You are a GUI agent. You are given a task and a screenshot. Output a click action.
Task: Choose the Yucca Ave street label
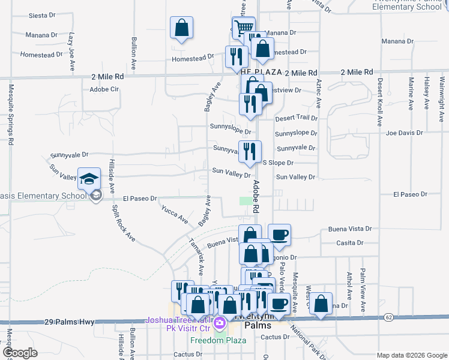point(174,214)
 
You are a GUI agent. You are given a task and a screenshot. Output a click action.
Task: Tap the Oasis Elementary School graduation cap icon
point(89,179)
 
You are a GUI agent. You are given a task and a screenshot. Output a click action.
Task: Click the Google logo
point(20,352)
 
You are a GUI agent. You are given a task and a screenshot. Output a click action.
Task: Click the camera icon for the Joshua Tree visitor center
point(220,324)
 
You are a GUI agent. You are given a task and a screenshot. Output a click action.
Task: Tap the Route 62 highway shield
point(389,317)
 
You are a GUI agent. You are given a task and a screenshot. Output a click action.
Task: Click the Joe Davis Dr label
point(405,133)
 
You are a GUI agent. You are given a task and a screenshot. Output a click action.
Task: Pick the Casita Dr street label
point(351,243)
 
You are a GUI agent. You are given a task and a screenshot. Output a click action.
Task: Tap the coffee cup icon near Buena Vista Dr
point(279,235)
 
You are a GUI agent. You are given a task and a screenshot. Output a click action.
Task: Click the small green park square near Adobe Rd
point(245,201)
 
